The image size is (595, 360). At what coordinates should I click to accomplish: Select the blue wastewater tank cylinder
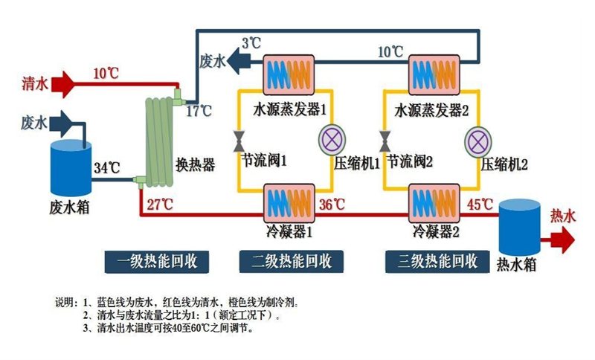point(68,164)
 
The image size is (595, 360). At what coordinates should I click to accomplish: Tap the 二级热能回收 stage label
point(291,261)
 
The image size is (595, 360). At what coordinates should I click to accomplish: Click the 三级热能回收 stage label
point(437,261)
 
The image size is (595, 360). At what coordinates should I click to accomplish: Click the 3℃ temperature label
point(251,44)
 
